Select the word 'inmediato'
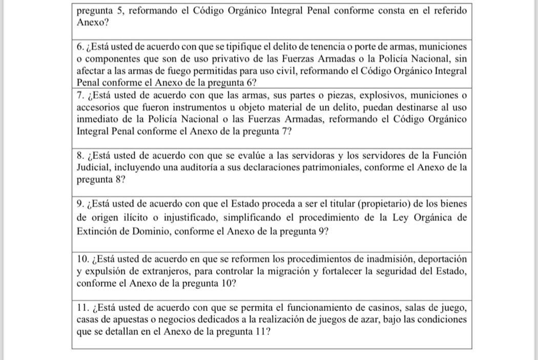coord(95,120)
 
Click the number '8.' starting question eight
coord(80,155)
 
